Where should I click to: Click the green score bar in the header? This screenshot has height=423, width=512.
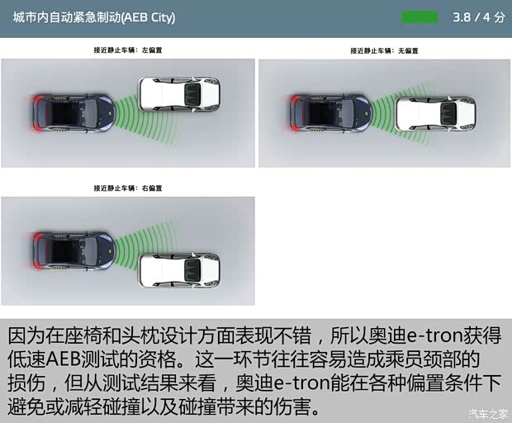pos(420,17)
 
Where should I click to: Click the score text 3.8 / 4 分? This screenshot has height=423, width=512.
pos(478,17)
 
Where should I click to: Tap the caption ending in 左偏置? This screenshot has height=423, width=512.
pos(128,50)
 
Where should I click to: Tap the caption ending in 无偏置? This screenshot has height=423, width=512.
pos(384,50)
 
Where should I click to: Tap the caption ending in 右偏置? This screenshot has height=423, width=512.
pos(128,188)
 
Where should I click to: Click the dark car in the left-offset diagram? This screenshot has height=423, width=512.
pos(70,112)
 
